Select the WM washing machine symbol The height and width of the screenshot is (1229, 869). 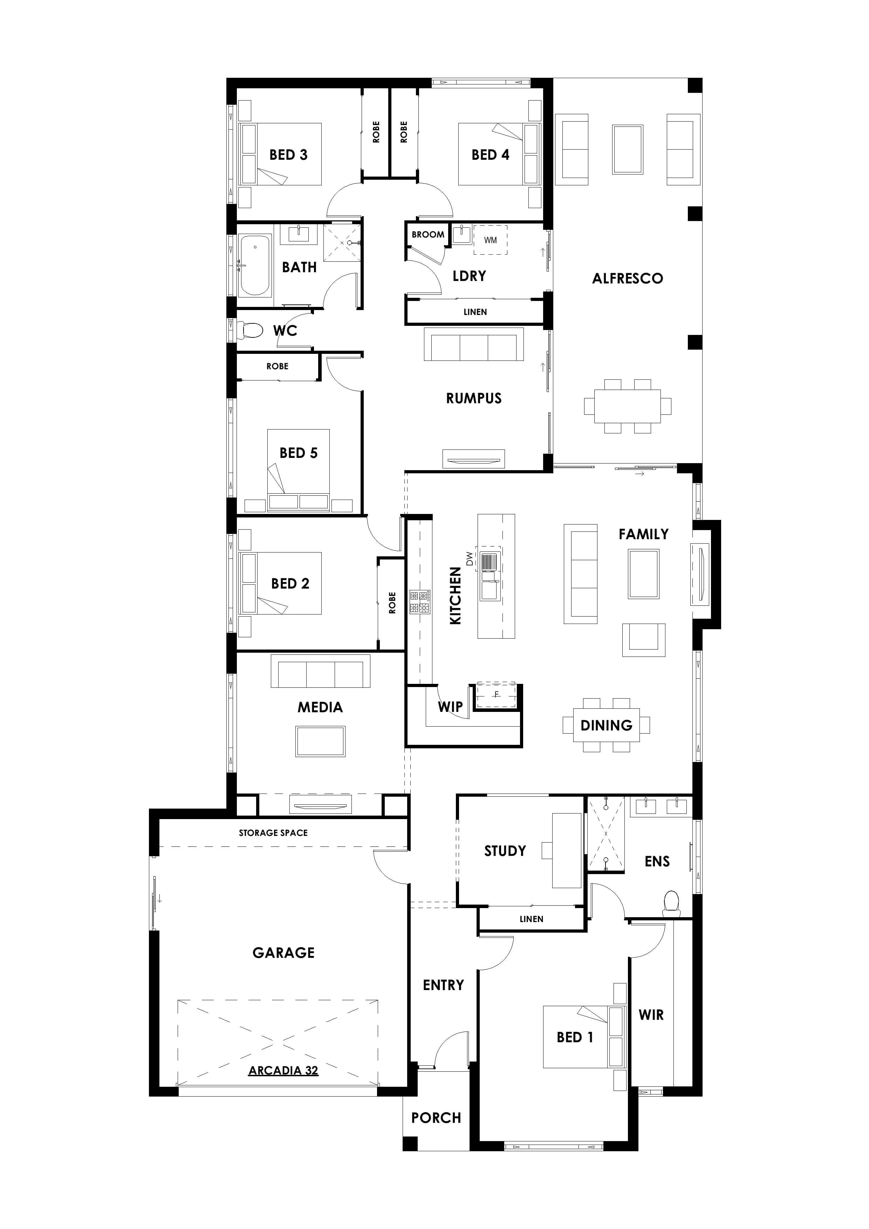(x=490, y=240)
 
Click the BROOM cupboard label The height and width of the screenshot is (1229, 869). (x=428, y=234)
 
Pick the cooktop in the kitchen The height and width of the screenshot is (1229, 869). (x=420, y=601)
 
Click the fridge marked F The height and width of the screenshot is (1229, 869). (x=496, y=695)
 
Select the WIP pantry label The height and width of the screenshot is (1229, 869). (x=450, y=707)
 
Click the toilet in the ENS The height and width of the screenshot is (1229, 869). (x=671, y=901)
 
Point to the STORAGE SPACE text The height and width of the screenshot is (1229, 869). (x=273, y=833)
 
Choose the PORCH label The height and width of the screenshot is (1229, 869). (x=436, y=1118)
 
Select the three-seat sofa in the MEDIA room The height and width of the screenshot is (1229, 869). (x=320, y=671)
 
